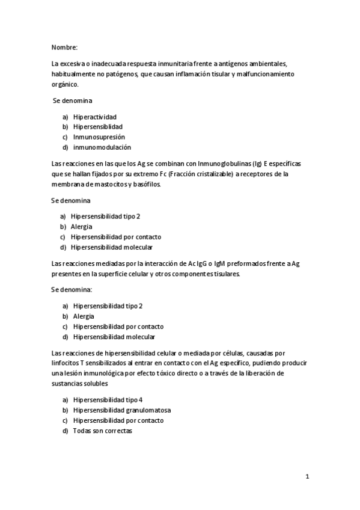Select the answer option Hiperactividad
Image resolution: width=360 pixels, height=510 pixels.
[94, 116]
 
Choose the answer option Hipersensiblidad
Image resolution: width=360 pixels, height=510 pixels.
[97, 126]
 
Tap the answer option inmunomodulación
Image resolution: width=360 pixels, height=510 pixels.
[102, 147]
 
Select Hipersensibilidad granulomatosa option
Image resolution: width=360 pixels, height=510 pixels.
[118, 410]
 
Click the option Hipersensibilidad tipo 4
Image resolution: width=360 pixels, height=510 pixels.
[108, 400]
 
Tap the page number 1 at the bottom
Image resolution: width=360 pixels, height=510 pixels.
[307, 477]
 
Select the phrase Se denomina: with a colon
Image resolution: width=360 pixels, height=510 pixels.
[72, 289]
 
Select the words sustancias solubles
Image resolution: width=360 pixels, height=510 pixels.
[79, 383]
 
